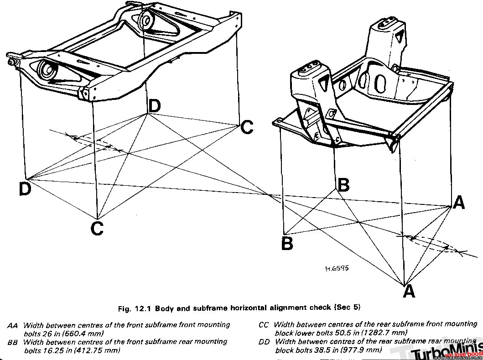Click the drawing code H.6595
click(337, 269)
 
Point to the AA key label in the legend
click(12, 326)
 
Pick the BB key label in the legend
click(13, 342)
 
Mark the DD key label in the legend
click(264, 341)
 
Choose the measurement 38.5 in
click(322, 350)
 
